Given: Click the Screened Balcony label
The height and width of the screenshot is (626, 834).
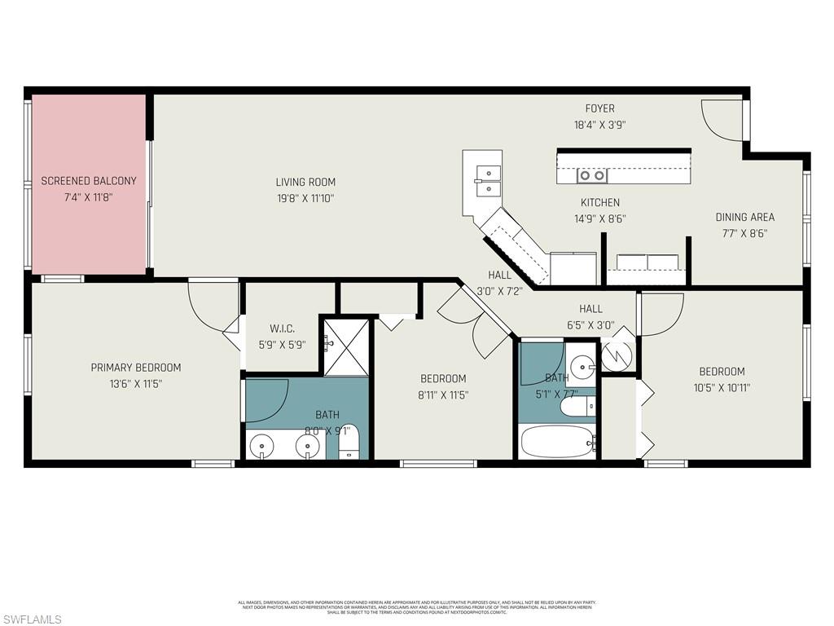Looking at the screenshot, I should click(89, 181).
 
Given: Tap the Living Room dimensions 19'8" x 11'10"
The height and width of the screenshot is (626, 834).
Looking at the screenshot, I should click(305, 198).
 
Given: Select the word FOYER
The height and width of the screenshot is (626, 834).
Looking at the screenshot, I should click(599, 108).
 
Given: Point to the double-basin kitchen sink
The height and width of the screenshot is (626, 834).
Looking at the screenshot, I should click(489, 181).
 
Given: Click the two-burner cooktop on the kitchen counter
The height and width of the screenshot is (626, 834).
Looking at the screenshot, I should click(592, 175).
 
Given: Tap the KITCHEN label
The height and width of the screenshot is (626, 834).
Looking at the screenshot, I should click(599, 202).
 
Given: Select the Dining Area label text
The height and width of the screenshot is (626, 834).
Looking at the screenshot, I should click(744, 217).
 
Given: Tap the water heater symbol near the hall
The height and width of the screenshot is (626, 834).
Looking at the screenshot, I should click(617, 356).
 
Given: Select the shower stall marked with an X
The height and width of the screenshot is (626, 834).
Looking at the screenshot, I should click(346, 347).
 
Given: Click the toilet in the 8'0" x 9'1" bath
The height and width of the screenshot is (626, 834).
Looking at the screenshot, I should click(349, 443).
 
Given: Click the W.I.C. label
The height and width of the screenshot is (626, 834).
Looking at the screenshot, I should click(282, 328).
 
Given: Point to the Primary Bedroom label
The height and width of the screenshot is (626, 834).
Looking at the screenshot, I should click(135, 368).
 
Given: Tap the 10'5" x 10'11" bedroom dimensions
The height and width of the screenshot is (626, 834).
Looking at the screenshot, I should click(722, 388).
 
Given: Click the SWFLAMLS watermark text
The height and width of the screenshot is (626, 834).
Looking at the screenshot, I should click(32, 619).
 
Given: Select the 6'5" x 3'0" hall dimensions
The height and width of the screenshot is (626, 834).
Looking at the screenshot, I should click(590, 325).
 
